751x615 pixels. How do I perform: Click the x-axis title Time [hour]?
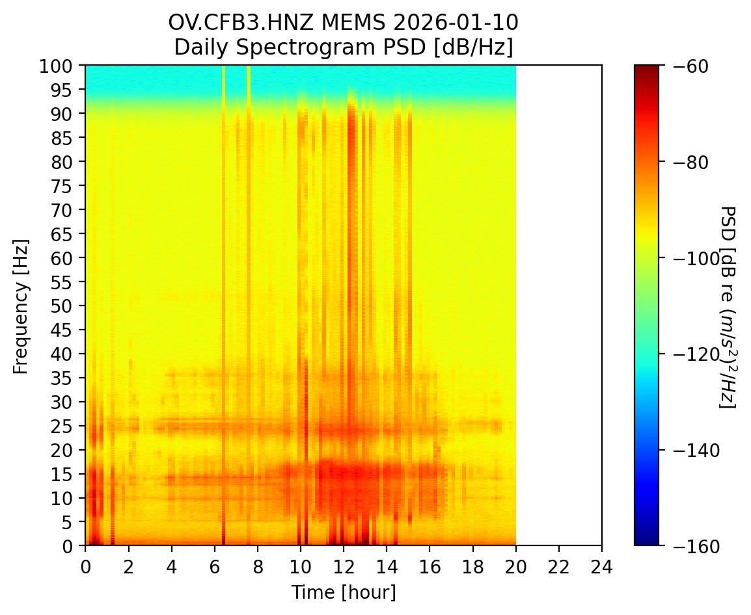(343, 592)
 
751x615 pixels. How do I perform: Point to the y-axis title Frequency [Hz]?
(21, 306)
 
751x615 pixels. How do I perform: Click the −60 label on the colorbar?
(683, 66)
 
